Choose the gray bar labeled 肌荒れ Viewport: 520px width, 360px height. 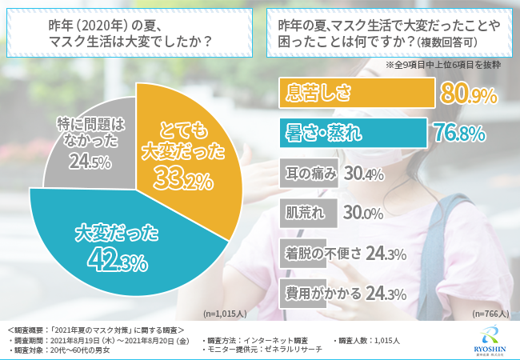pyautogui.click(x=307, y=214)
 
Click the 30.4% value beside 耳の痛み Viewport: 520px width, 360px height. pyautogui.click(x=365, y=173)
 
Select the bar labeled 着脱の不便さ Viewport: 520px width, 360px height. pyautogui.click(x=319, y=254)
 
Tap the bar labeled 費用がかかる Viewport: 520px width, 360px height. pyautogui.click(x=319, y=293)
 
